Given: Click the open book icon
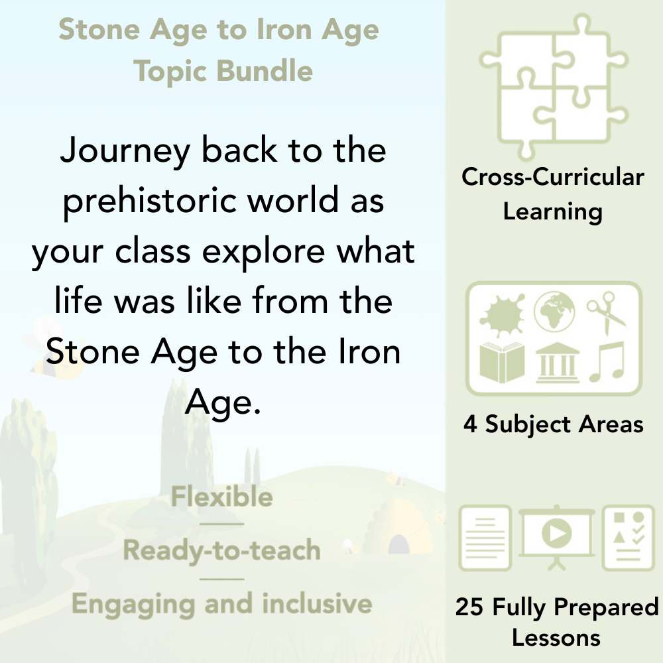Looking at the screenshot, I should coord(502,362).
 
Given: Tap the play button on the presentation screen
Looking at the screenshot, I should coord(556,532).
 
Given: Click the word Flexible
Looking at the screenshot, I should coord(221,497).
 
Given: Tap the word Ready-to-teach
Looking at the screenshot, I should coord(221,550).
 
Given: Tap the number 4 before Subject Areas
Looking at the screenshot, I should coord(470,424).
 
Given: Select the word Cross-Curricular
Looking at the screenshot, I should coord(553,177).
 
